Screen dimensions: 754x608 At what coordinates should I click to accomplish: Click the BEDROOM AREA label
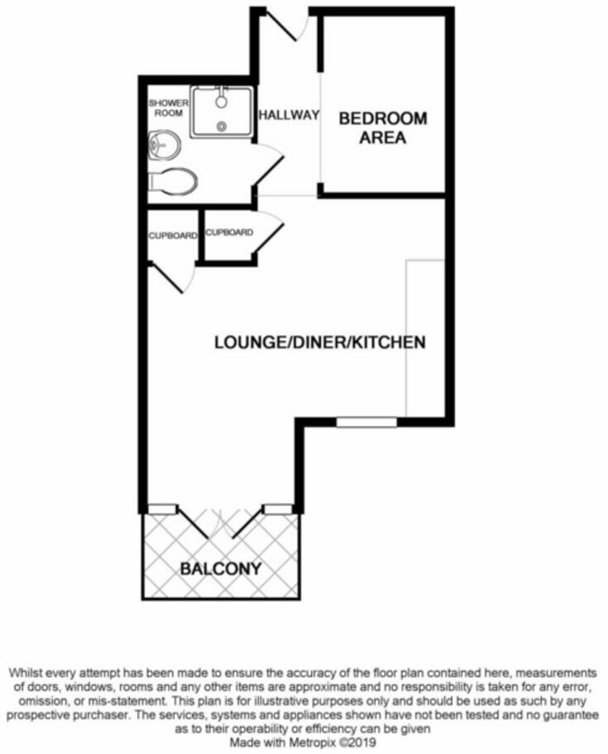[383, 128]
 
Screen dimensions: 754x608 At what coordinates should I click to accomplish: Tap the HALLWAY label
[288, 116]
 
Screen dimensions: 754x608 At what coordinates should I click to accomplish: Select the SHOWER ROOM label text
[165, 108]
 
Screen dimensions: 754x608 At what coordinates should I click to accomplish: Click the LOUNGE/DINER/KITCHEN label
[320, 342]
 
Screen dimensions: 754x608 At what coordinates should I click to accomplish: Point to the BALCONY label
[220, 569]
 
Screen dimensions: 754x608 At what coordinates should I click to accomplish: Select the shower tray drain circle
[223, 126]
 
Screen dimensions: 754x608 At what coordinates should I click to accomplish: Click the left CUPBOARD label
[173, 236]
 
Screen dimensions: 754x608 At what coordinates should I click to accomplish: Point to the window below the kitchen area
[366, 421]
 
